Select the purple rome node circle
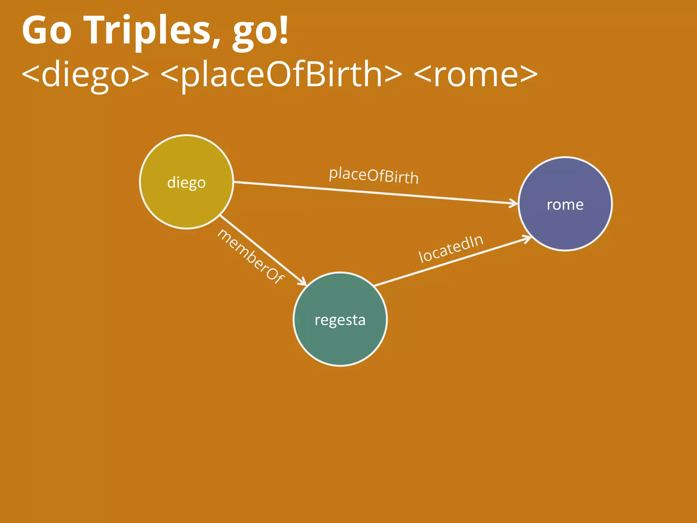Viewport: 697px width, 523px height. click(565, 225)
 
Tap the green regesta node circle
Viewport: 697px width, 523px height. click(340, 340)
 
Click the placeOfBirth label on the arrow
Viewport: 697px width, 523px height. click(374, 176)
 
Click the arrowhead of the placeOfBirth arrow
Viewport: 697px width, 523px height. click(514, 204)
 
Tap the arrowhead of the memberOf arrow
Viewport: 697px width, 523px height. click(303, 282)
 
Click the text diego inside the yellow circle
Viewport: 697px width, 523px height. click(187, 183)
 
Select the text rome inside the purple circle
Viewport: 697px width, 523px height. click(565, 205)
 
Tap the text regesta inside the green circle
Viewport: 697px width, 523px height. click(340, 320)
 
